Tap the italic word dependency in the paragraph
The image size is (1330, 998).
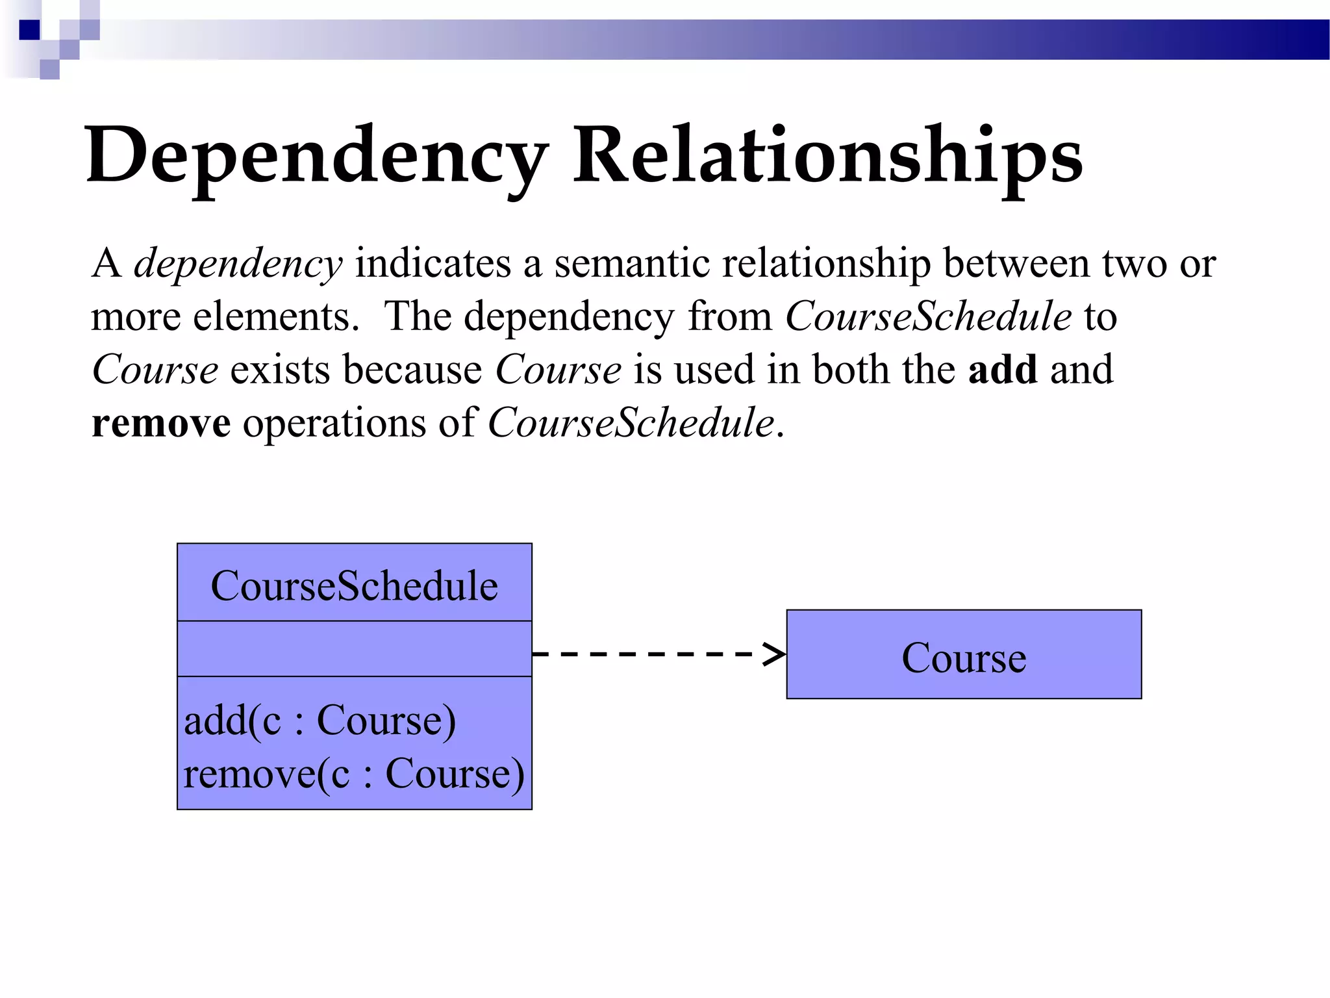(238, 264)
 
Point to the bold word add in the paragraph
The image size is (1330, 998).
(1002, 370)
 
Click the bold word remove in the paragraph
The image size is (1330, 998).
(161, 423)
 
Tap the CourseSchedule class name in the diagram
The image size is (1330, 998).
(355, 585)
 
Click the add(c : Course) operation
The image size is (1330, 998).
(320, 721)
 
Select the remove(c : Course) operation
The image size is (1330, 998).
(354, 774)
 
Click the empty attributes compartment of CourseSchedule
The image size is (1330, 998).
(355, 648)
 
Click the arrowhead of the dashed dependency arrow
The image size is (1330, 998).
(775, 654)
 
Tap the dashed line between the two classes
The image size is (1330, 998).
(649, 654)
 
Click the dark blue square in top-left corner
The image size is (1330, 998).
(30, 30)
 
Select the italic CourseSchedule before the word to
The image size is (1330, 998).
(928, 317)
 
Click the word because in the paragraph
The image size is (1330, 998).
(412, 370)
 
